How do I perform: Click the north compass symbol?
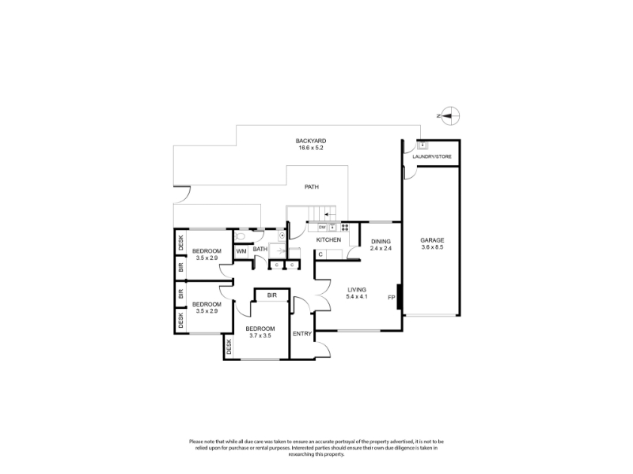[x=450, y=116]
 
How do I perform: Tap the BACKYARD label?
[x=311, y=141]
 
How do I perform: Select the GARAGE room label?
[x=432, y=240]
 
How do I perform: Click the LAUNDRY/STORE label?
[x=432, y=156]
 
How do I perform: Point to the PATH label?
[x=311, y=187]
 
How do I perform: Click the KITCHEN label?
[x=328, y=240]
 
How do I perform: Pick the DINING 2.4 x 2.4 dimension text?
[x=381, y=249]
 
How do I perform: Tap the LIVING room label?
[x=357, y=290]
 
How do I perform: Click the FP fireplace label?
[x=391, y=298]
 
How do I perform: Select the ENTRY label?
[x=302, y=333]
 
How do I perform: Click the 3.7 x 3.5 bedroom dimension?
[x=260, y=336]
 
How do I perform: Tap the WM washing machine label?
[x=241, y=251]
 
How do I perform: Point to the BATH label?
[x=260, y=249]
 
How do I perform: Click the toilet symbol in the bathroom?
[x=240, y=235]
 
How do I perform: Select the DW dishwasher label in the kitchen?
[x=322, y=228]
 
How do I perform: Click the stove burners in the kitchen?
[x=345, y=228]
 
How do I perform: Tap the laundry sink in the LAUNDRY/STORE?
[x=423, y=145]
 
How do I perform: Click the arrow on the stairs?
[x=330, y=215]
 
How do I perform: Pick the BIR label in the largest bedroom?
[x=271, y=295]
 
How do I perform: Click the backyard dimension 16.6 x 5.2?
[x=311, y=148]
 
